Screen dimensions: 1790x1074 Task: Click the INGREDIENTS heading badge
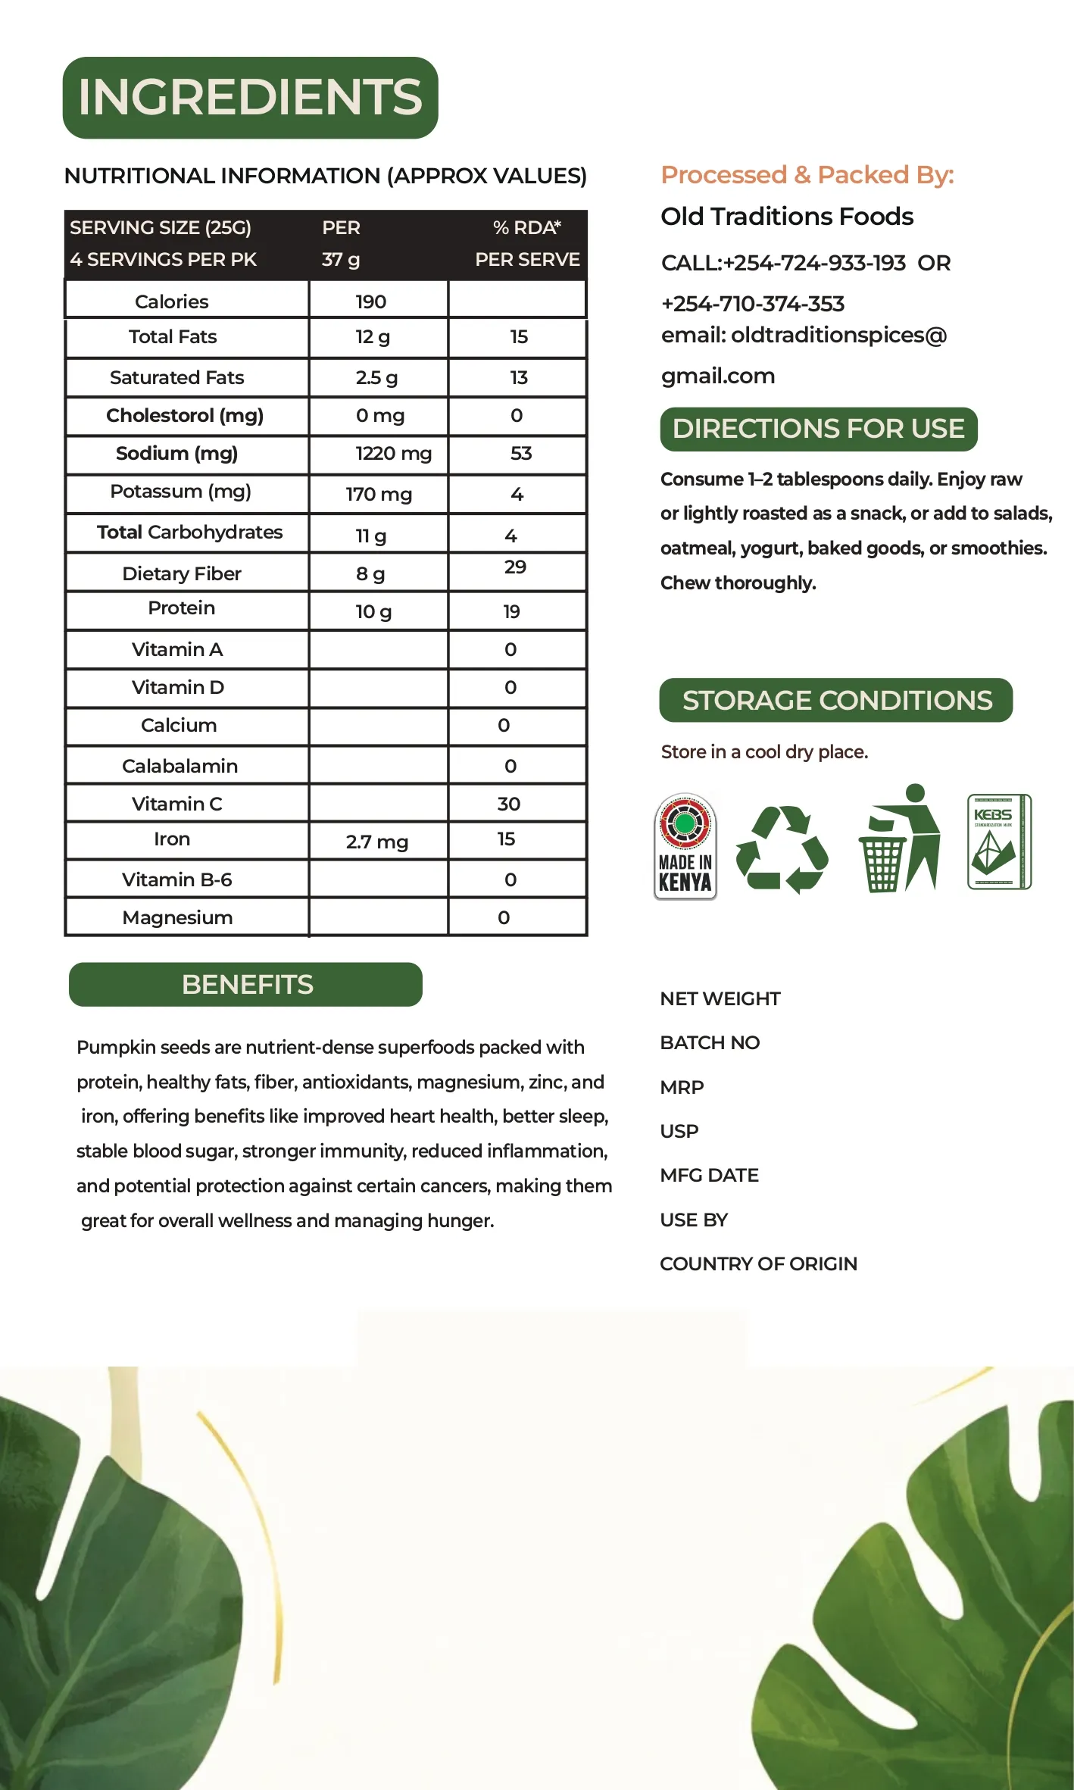(250, 98)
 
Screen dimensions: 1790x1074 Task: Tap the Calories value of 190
(370, 301)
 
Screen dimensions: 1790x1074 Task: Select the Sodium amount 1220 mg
(393, 453)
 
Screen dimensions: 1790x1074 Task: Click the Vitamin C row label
(176, 804)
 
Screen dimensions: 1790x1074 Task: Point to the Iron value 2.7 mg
(376, 842)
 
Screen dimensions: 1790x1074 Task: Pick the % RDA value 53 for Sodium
(520, 453)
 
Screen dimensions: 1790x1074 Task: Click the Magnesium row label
(177, 917)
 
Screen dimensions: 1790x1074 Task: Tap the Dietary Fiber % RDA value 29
(515, 567)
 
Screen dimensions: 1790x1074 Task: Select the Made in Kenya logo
(685, 846)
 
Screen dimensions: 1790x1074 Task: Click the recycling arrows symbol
(782, 848)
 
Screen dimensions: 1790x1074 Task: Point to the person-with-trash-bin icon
(900, 839)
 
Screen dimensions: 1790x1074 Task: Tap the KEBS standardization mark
(999, 842)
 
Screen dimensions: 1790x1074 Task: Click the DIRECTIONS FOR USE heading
(818, 429)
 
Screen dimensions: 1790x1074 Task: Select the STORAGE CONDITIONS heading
(836, 700)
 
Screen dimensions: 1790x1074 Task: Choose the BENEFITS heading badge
(246, 984)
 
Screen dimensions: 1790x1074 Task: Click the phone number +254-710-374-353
(752, 304)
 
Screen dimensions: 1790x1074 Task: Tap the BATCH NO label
(710, 1043)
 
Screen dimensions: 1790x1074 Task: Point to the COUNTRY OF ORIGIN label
(758, 1264)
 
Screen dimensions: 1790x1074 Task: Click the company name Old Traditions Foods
(787, 217)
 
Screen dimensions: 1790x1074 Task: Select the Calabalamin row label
(180, 766)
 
